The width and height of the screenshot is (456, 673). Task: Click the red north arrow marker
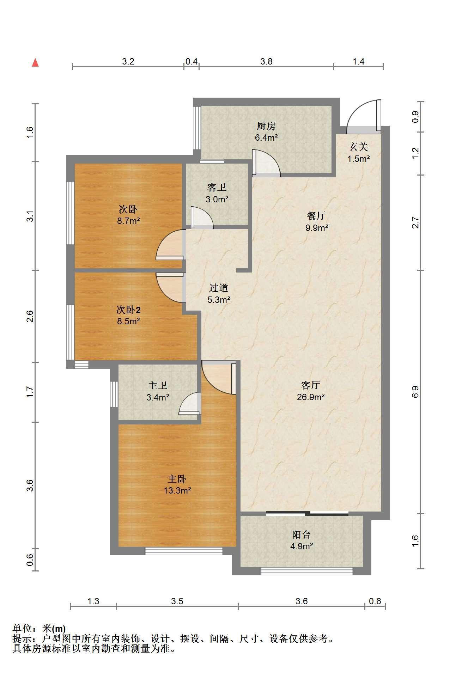point(35,62)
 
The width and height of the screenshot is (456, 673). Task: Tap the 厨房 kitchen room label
point(266,126)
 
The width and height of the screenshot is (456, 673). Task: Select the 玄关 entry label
point(358,147)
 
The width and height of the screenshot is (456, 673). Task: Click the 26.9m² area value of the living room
point(311,397)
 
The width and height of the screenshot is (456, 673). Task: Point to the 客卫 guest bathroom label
point(217,187)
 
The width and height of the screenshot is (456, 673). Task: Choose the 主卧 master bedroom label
point(177,479)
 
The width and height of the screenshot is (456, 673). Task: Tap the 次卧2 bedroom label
point(129,310)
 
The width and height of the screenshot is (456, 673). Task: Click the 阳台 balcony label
point(302,535)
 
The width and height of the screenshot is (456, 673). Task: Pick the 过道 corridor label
point(219,288)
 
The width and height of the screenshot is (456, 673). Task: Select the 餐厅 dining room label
point(316,216)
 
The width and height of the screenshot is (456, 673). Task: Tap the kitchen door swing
point(266,163)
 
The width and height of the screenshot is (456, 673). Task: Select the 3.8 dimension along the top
point(266,61)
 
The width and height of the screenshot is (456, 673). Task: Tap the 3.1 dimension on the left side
point(31,216)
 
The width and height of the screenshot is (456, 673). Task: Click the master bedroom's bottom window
point(184,551)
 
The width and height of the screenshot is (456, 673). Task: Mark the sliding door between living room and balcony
point(307,514)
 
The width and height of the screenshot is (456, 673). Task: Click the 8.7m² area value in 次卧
point(129,221)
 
